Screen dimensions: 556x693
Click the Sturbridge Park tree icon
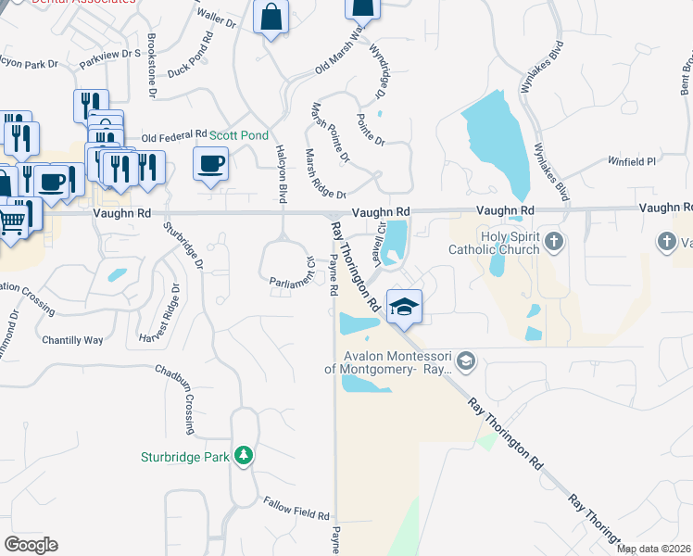pyautogui.click(x=244, y=455)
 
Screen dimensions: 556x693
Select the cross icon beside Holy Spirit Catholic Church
pyautogui.click(x=554, y=243)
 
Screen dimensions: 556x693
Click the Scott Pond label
pyautogui.click(x=239, y=135)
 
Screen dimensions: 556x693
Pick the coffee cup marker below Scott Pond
pyautogui.click(x=210, y=164)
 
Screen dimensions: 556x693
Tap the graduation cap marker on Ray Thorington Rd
pyautogui.click(x=404, y=307)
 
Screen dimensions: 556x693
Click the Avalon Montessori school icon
pyautogui.click(x=467, y=360)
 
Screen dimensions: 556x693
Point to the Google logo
pyautogui.click(x=31, y=545)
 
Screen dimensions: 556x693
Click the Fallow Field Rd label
pyautogui.click(x=296, y=513)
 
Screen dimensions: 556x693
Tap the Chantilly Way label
pyautogui.click(x=72, y=340)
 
